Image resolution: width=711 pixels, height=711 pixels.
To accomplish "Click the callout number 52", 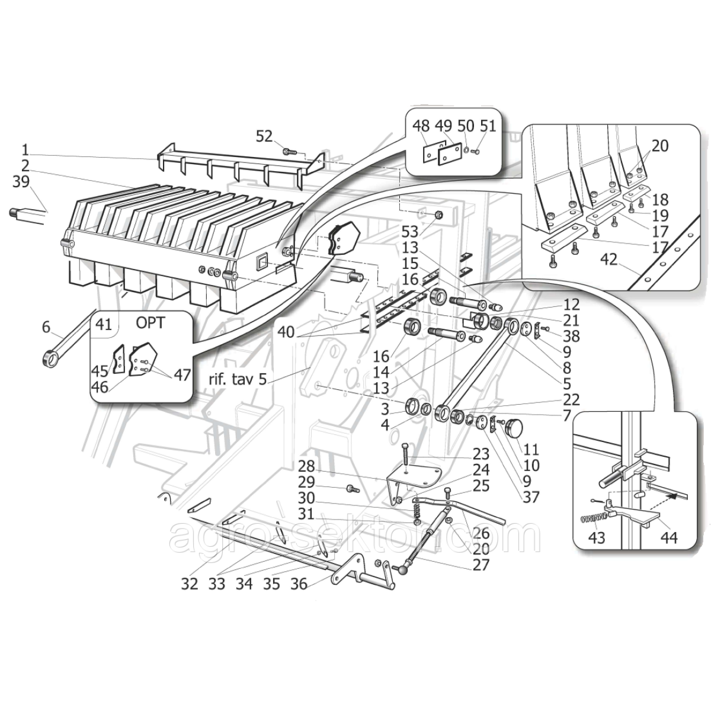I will click(x=264, y=137).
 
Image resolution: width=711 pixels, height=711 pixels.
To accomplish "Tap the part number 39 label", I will click(x=21, y=182).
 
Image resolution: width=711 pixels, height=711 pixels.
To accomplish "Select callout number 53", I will click(x=426, y=231).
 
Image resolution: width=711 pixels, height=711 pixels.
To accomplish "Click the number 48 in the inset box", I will click(x=421, y=126).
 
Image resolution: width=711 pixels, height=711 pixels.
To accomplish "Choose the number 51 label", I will click(x=488, y=126).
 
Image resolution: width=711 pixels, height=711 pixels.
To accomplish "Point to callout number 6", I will click(x=46, y=326).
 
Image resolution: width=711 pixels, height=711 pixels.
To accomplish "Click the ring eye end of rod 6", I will click(x=50, y=358).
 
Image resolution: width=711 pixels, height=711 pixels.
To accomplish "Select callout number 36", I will click(x=299, y=584).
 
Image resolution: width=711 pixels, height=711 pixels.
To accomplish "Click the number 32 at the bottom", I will click(x=190, y=584).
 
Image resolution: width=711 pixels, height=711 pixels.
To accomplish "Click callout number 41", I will click(x=104, y=325).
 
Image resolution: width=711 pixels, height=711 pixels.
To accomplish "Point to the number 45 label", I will click(x=100, y=371).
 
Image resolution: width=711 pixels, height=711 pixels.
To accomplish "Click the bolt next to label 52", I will click(x=289, y=152).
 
